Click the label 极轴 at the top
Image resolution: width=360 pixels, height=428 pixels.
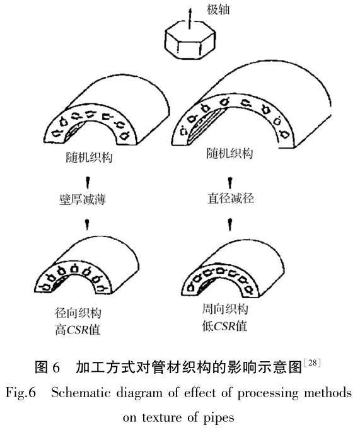[x=218, y=10]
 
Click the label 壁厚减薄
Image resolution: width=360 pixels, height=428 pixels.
[x=83, y=200]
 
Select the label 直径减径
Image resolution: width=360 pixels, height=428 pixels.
[x=231, y=198]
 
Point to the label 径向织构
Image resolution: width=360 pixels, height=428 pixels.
[x=78, y=313]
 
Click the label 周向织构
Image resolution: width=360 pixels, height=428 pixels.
[x=225, y=309]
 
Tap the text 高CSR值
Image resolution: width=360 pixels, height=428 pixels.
[x=78, y=330]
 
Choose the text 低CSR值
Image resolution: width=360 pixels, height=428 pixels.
[x=224, y=326]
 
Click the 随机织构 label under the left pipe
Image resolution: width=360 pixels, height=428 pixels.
[x=90, y=158]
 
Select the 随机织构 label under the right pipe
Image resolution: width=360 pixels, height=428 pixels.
[x=229, y=153]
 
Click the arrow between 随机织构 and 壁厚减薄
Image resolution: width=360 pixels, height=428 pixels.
[x=88, y=183]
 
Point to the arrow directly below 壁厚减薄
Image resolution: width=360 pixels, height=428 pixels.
[x=88, y=224]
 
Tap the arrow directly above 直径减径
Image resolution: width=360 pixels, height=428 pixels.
[x=230, y=183]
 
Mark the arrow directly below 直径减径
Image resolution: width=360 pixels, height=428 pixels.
[x=230, y=224]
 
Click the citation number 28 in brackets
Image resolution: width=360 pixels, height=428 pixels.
[x=313, y=363]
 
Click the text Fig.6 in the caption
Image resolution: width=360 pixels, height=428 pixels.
[x=21, y=393]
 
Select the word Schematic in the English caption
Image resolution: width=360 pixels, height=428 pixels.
[x=81, y=393]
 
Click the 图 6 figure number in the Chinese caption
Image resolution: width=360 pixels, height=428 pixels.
[x=47, y=367]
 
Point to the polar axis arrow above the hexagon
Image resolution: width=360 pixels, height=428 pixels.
[x=190, y=18]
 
